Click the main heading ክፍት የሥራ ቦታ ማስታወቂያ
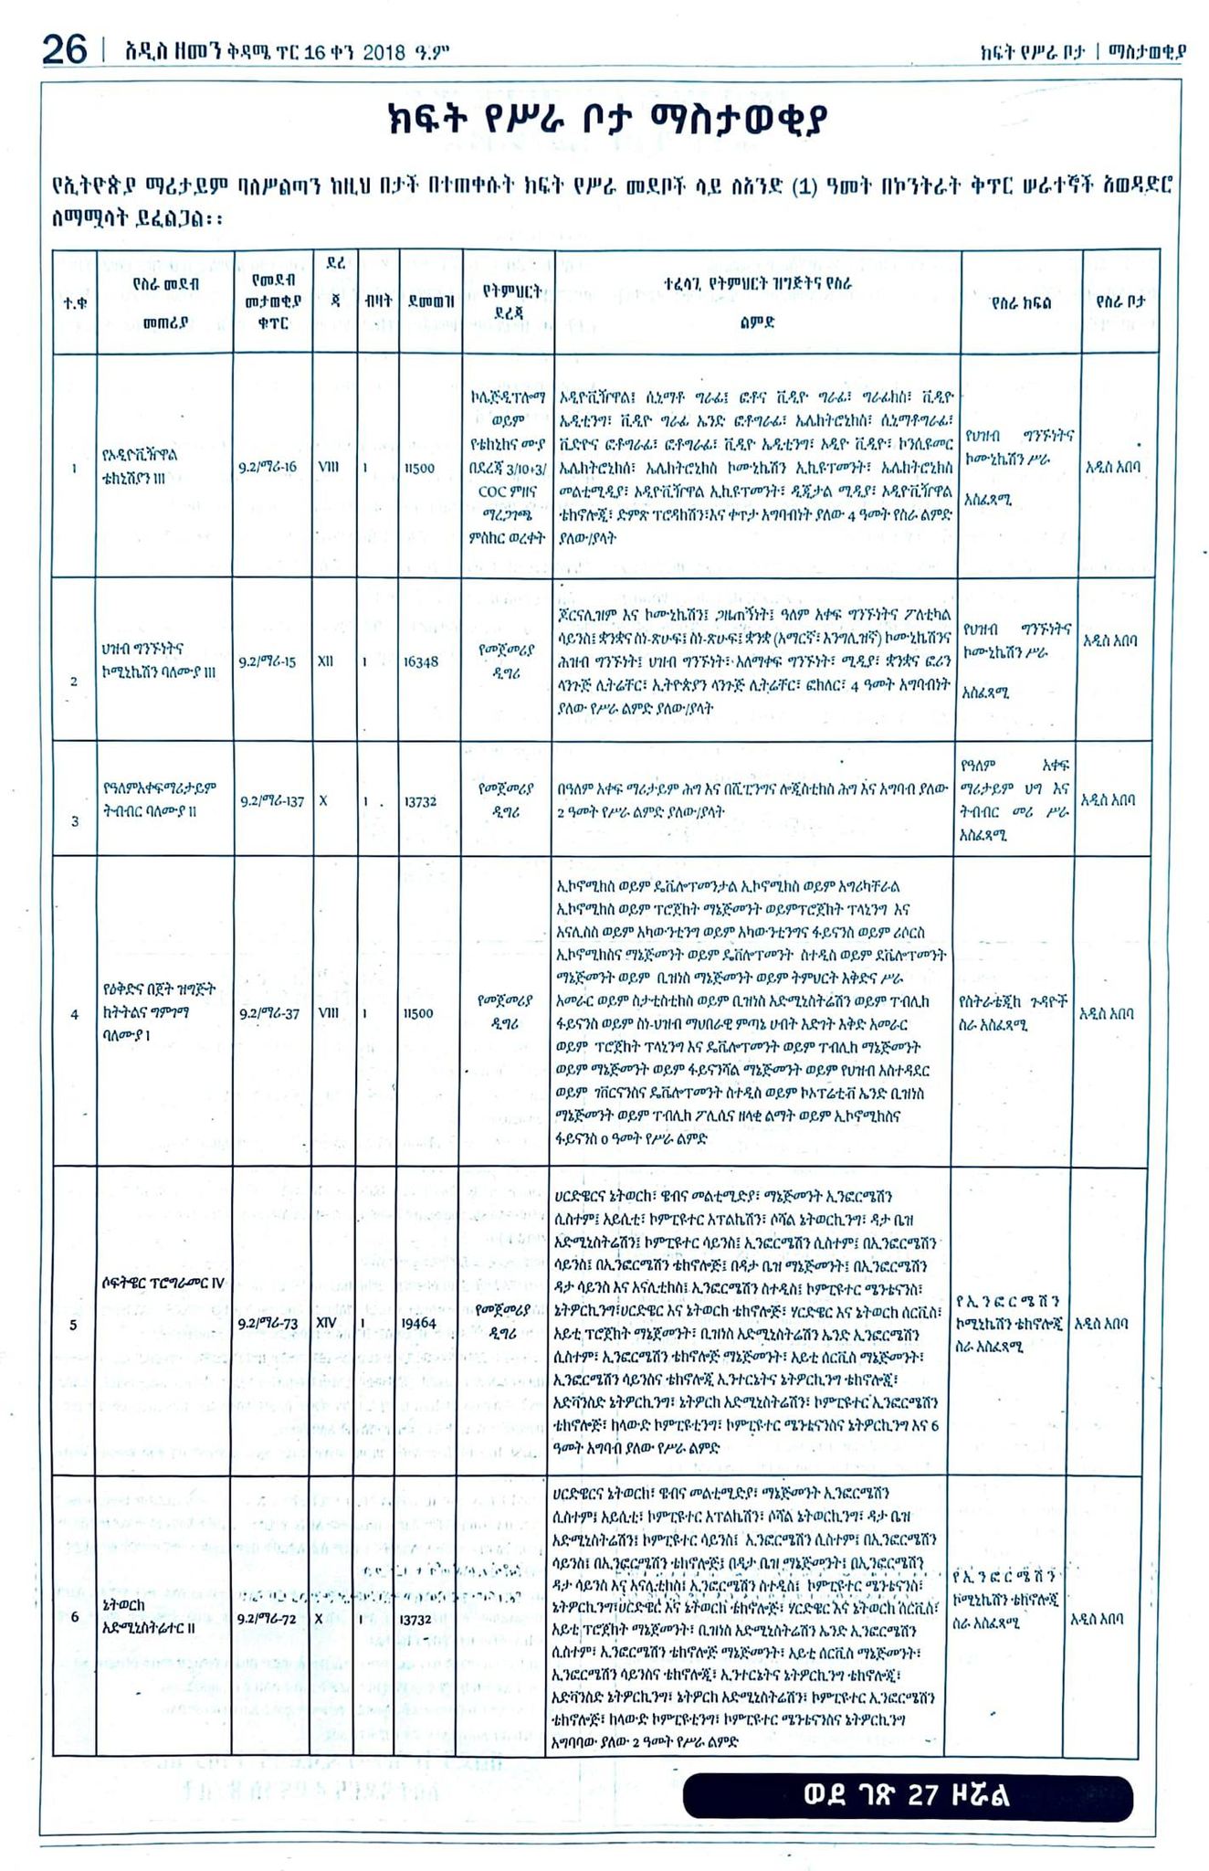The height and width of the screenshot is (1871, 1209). coord(607,124)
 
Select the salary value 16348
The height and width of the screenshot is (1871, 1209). coord(420,661)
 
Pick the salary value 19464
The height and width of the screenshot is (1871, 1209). coord(420,1322)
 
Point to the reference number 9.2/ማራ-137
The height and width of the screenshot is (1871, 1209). coord(272,801)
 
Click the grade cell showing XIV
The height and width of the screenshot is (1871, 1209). coord(326,1322)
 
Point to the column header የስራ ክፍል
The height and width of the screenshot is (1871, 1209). coord(1020,301)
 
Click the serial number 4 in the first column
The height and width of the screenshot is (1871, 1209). coord(74,1013)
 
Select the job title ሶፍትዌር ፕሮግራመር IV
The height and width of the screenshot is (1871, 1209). coord(163,1283)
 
